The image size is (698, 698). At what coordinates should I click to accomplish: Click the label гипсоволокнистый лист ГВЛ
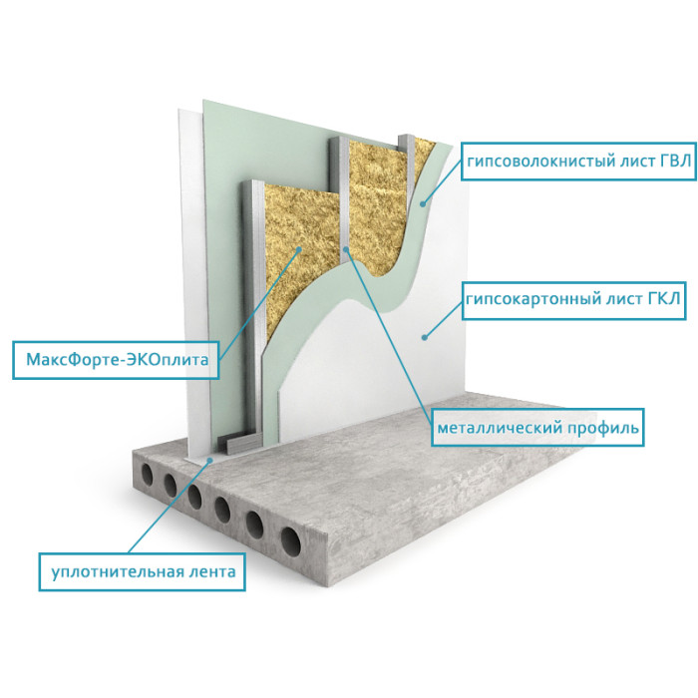[x=578, y=162]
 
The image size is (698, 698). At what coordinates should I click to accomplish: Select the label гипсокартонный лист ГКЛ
[x=573, y=300]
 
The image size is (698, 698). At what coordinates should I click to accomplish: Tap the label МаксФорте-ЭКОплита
[x=116, y=360]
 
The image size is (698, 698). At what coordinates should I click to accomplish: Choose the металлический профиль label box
[x=537, y=428]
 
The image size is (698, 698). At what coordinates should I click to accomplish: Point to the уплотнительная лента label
[x=142, y=572]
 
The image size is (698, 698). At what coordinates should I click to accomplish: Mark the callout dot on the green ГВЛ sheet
[x=423, y=203]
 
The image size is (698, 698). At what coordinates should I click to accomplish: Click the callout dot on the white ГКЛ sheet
[x=425, y=337]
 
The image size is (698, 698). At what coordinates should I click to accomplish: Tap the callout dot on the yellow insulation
[x=299, y=249]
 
